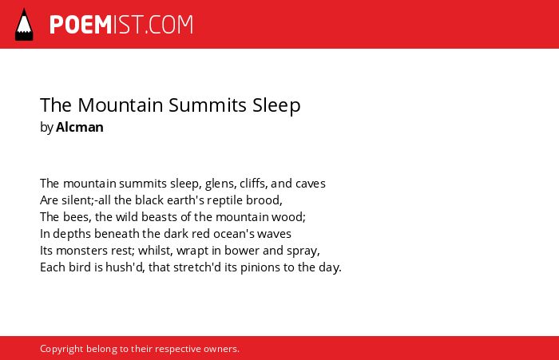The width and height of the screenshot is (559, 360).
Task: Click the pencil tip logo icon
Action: click(24, 25)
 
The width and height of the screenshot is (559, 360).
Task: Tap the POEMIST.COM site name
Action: click(121, 25)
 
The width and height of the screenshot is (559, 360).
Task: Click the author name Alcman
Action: click(80, 127)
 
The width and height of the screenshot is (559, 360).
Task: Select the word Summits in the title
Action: click(207, 105)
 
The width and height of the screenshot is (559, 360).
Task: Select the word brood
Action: click(264, 200)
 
